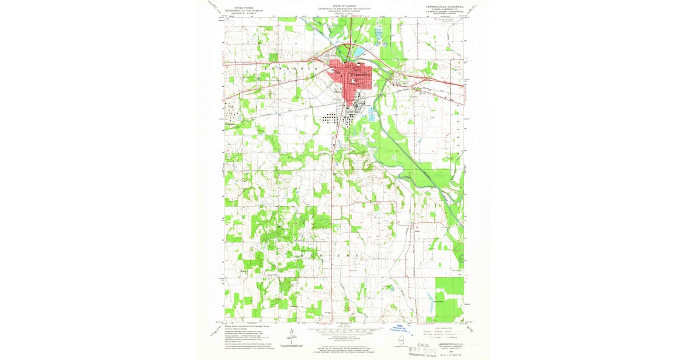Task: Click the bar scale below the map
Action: pos(343,331)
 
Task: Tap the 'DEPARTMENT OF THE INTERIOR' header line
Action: pos(238,10)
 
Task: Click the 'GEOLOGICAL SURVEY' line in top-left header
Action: pos(238,13)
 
